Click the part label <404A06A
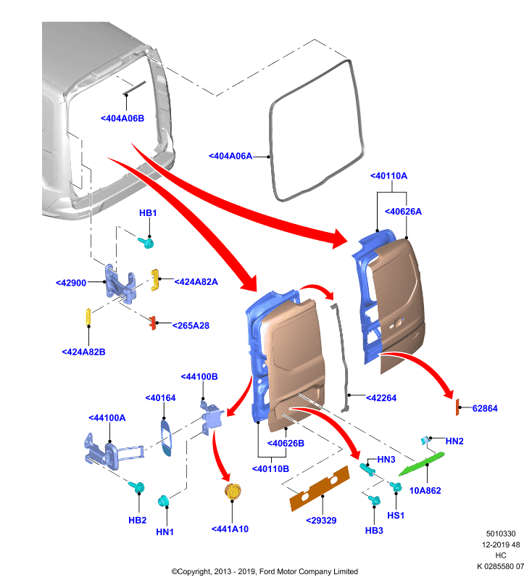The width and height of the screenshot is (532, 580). coord(230,156)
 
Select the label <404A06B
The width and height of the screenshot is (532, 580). coord(122,118)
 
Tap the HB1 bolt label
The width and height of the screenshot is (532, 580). coord(148,213)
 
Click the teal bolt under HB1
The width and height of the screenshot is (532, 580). coord(146,243)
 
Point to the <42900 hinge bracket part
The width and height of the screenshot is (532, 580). coord(120,282)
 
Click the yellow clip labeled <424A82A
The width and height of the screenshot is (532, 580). coord(155,280)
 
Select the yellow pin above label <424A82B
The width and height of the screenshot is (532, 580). coord(88,317)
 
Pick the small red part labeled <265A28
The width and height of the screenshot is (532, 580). coord(153,323)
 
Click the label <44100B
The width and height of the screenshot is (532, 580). coord(199,376)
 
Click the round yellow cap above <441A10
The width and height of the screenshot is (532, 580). coord(233,492)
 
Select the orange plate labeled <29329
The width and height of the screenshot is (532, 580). coord(320,488)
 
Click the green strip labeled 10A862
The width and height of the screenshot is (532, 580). coord(421,463)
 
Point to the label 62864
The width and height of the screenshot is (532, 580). coord(485,408)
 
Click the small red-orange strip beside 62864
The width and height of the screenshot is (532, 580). coord(457,407)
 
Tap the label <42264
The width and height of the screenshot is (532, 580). coord(381,398)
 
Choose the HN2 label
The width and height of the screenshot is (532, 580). coord(454,441)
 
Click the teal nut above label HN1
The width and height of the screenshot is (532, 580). coord(163,501)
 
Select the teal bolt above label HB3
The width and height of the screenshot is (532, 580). coord(374,500)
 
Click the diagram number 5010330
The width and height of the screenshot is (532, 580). coord(501,534)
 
